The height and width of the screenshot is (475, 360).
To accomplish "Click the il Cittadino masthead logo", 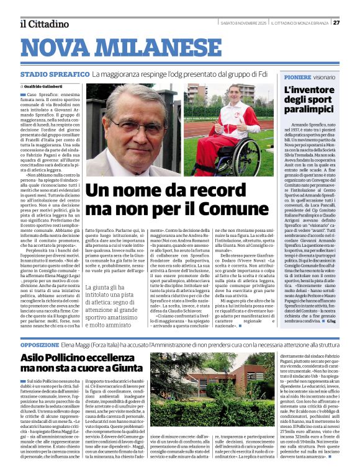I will (43, 24).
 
